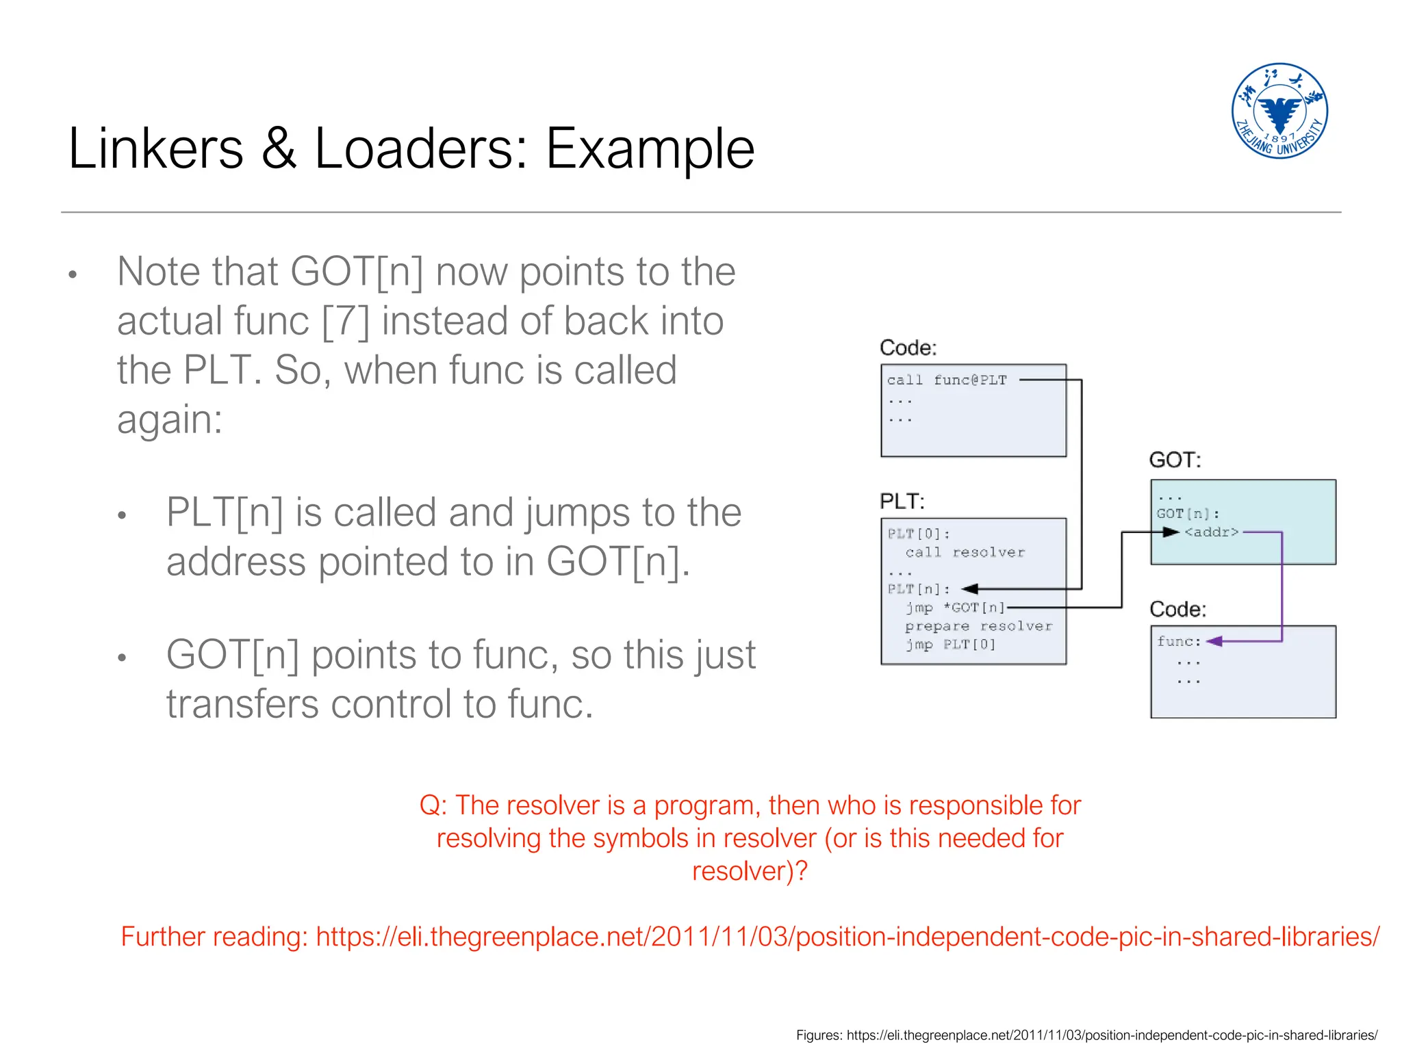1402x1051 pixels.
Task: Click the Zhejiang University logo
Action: click(1279, 111)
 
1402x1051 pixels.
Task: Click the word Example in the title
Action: click(650, 148)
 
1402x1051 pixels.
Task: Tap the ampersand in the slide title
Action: click(279, 148)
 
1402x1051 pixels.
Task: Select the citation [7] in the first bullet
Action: click(345, 321)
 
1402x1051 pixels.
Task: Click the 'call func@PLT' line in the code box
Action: click(947, 380)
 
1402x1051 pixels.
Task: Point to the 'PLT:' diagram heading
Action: click(902, 502)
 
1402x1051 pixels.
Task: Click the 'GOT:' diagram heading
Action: click(1175, 460)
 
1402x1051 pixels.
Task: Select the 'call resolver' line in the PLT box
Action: click(965, 553)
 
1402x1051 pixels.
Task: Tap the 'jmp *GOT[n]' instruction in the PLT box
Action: click(955, 608)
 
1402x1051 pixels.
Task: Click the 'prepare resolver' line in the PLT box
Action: click(978, 626)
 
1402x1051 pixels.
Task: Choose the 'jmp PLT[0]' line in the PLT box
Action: click(950, 645)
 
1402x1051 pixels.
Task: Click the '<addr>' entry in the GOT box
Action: click(1211, 532)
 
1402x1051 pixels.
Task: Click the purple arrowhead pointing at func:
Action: click(1214, 642)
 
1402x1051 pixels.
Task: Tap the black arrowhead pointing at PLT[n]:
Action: click(969, 589)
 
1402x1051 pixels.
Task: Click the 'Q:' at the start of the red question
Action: click(433, 805)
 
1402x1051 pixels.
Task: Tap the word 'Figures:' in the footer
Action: click(819, 1035)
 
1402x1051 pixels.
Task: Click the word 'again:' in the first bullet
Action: click(170, 419)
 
